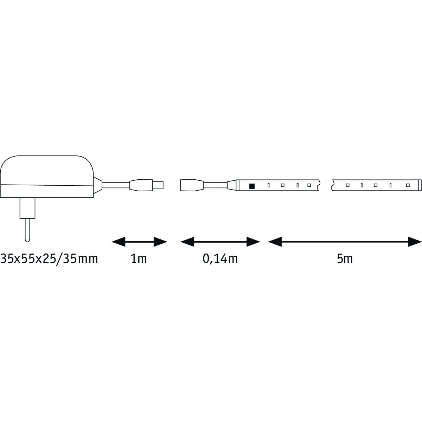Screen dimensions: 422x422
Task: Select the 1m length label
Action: point(139,259)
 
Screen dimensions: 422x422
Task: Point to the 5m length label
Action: point(345,259)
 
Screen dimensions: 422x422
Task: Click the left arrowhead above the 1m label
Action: point(119,242)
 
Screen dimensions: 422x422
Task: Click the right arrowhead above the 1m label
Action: point(160,242)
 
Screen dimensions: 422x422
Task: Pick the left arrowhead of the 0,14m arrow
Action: point(187,242)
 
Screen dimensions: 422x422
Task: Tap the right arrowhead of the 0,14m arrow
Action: point(253,242)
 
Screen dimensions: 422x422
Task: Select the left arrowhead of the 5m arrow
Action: point(275,242)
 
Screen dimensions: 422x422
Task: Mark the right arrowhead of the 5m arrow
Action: point(415,242)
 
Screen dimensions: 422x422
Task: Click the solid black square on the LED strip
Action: point(252,186)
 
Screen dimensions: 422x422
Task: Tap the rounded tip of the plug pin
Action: point(27,240)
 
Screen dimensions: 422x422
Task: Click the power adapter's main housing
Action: point(47,176)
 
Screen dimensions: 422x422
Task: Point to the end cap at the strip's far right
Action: point(420,185)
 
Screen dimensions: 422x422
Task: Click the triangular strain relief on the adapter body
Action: point(98,185)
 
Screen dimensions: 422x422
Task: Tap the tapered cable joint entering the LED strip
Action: point(232,185)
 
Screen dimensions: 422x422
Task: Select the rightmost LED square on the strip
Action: point(408,185)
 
